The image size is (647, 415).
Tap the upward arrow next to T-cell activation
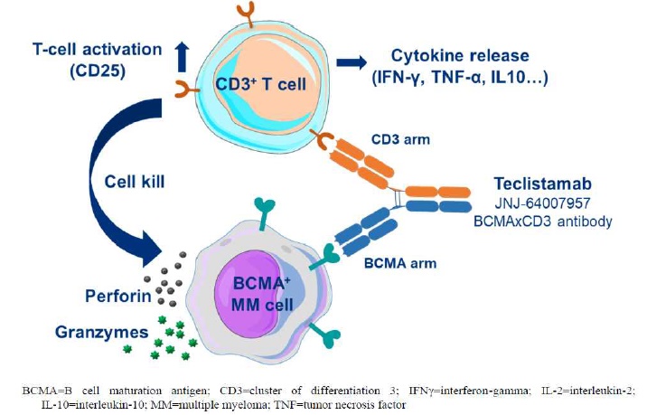click(183, 55)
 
